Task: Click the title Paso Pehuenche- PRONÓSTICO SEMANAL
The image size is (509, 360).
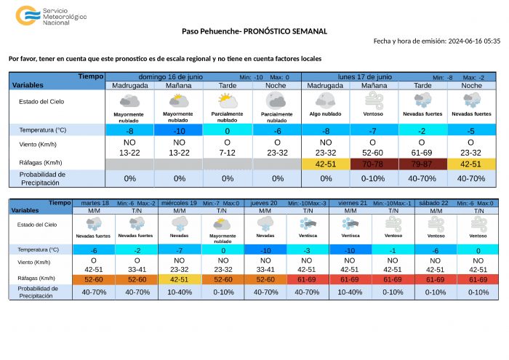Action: (x=254, y=31)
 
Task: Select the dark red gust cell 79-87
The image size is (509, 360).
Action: (x=422, y=164)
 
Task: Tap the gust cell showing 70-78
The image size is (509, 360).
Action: (x=374, y=164)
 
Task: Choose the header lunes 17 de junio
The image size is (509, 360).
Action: (x=365, y=76)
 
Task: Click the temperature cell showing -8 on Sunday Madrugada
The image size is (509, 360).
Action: (x=129, y=130)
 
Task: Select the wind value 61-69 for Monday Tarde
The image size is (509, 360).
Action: (x=422, y=153)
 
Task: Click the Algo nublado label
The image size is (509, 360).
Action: (x=325, y=114)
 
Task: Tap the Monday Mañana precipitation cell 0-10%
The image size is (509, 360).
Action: (x=374, y=178)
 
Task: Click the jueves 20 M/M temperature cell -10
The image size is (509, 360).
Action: (x=265, y=250)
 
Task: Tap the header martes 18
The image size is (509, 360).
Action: (x=95, y=202)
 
